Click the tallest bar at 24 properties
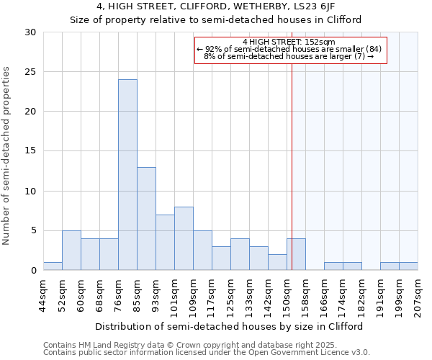pyautogui.click(x=127, y=175)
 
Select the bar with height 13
pyautogui.click(x=146, y=219)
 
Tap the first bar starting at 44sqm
pyautogui.click(x=53, y=266)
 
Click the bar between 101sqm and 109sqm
pyautogui.click(x=184, y=238)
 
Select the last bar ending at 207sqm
pyautogui.click(x=408, y=266)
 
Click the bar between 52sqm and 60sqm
pyautogui.click(x=71, y=251)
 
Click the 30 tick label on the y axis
pyautogui.click(x=30, y=32)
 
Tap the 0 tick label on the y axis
pyautogui.click(x=33, y=271)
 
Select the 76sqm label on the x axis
pyautogui.click(x=118, y=294)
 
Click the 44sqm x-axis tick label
pyautogui.click(x=43, y=294)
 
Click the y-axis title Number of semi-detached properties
pyautogui.click(x=7, y=156)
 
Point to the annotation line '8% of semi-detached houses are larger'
pyautogui.click(x=284, y=56)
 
